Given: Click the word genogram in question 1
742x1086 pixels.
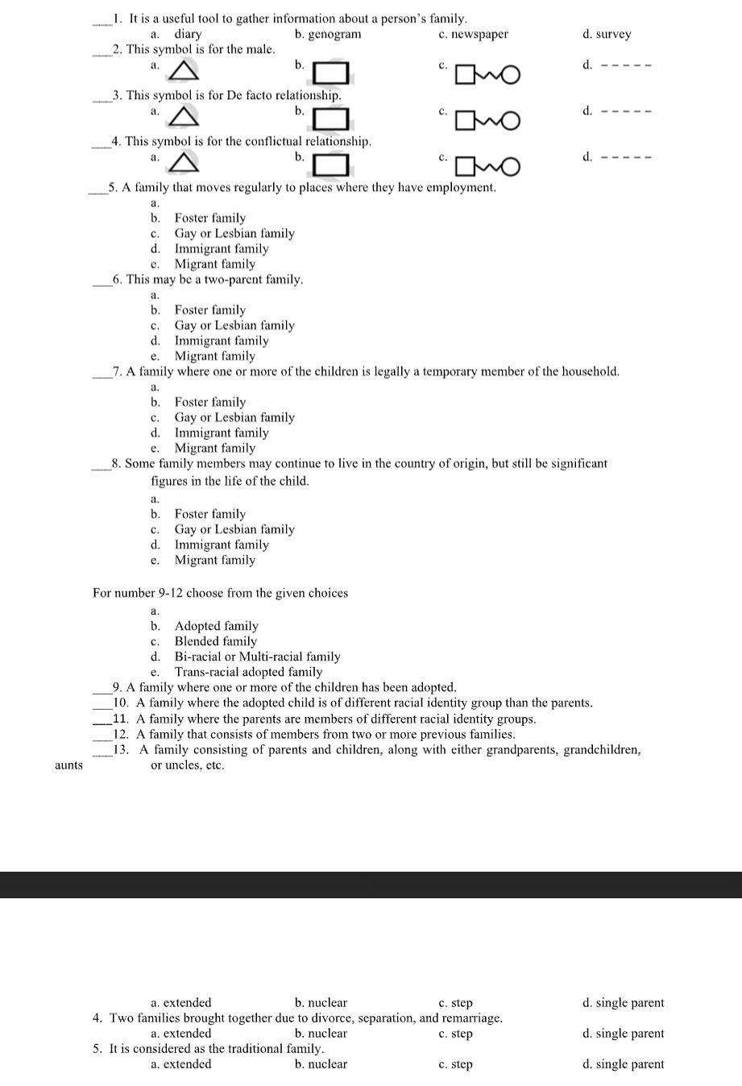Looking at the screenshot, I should coord(334,35).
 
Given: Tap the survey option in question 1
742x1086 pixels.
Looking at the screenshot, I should coord(613,35).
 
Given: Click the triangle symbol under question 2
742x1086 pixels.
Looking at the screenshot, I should coord(184,72).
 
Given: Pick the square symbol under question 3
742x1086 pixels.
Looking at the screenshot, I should coord(331,119).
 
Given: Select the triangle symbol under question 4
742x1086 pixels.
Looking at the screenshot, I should coord(184,164).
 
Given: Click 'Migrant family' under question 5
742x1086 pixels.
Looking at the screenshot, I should coord(214,264).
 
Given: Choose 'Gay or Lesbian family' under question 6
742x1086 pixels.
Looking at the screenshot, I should coord(234,325).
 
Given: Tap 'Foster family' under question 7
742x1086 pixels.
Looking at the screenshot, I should coord(210,402).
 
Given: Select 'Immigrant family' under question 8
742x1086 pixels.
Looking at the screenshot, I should coord(222,545).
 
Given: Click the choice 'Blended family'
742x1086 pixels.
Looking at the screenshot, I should coord(216,641).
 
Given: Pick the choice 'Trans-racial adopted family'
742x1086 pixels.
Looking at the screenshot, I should coord(248,672).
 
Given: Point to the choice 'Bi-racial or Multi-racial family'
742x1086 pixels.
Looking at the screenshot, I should coord(257,657).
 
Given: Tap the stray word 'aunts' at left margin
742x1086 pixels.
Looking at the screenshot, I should coord(68,765).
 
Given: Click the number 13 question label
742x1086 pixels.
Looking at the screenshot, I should coord(121,750).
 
